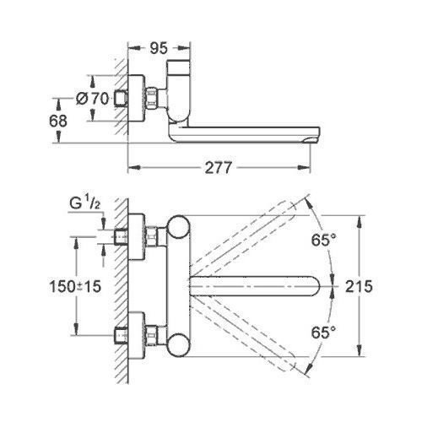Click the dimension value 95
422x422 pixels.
point(156,48)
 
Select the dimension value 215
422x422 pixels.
point(384,286)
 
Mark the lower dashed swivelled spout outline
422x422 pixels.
point(253,342)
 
